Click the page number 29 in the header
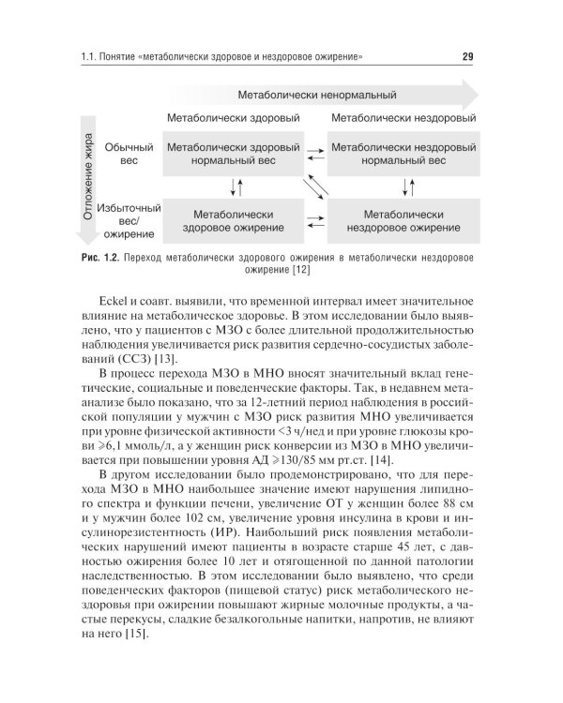coord(467,61)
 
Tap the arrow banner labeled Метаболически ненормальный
coord(316,96)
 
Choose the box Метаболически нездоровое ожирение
coord(403,220)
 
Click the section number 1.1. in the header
coord(91,61)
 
